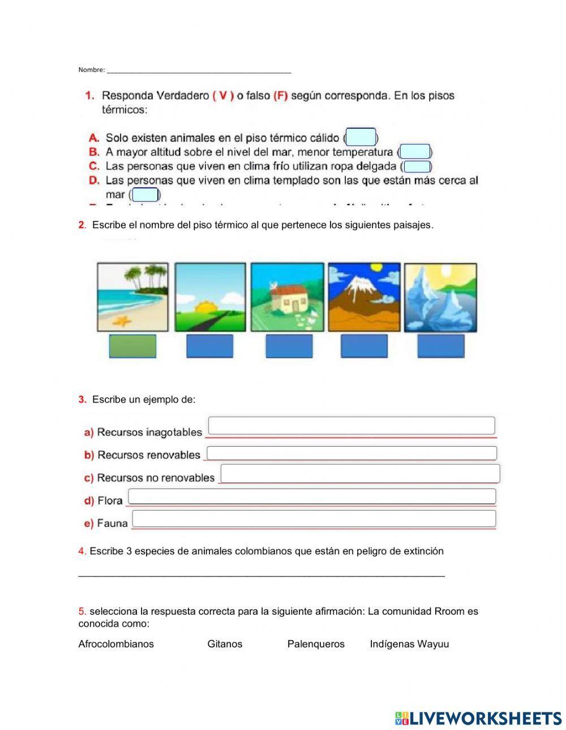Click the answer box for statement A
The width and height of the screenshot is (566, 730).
coord(361,137)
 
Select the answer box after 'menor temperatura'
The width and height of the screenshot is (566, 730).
coord(415,152)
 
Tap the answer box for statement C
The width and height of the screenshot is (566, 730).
coord(418,166)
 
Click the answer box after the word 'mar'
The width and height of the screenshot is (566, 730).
coord(145,195)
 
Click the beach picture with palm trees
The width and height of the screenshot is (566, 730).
coord(132,297)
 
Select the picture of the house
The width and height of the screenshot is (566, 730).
coord(287,297)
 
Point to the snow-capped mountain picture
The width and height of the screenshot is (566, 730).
coord(364,297)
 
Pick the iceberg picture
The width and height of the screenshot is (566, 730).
coord(440,297)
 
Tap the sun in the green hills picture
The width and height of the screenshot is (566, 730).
coord(202,309)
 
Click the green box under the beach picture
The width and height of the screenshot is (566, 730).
coord(132,346)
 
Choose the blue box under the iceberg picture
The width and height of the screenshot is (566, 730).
coord(440,346)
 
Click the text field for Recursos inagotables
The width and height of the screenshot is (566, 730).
coord(351,425)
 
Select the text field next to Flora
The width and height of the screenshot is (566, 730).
coord(312,496)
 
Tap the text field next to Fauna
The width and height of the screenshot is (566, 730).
coord(314,518)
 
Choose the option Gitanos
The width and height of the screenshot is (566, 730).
coord(225,644)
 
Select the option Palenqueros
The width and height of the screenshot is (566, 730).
coord(316,644)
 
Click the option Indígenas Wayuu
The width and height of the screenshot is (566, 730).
coord(409,644)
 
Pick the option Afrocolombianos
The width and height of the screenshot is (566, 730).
coord(116,644)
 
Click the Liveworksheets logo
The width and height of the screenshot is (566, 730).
coord(478,718)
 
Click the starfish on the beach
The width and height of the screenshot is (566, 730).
coord(122,321)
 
